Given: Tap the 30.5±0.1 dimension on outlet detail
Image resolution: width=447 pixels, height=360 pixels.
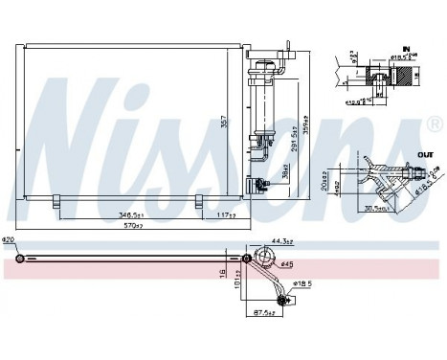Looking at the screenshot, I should click(x=373, y=210).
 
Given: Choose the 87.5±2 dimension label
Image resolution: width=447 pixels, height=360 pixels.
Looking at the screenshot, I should click(x=265, y=312).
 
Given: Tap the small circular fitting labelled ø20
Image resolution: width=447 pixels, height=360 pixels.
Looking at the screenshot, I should click(x=21, y=259).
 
